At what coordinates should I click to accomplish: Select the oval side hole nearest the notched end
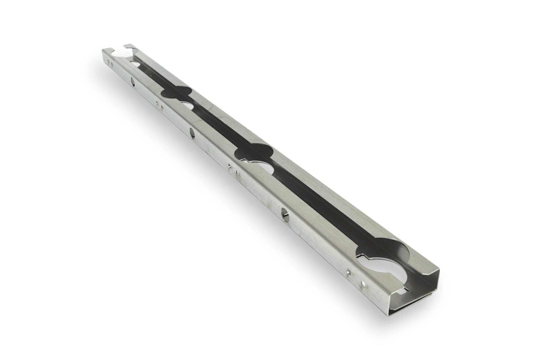[133, 82]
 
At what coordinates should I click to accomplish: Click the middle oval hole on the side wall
[192, 133]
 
